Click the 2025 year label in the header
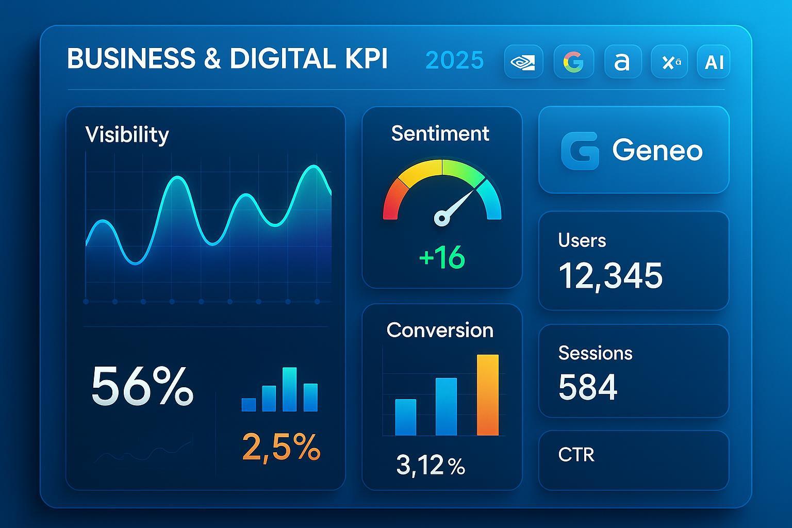(455, 60)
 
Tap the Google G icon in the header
(573, 62)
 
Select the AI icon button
(714, 62)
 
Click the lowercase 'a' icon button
(622, 62)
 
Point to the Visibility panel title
(127, 135)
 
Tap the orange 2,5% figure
(281, 447)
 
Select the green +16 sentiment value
(442, 257)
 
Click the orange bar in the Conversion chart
(487, 395)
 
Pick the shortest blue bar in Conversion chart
(405, 417)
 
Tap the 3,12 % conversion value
(431, 465)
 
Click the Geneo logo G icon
(580, 151)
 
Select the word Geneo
(657, 151)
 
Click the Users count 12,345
(610, 276)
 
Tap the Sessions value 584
(588, 387)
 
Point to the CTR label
(576, 455)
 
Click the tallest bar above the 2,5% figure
(290, 389)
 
